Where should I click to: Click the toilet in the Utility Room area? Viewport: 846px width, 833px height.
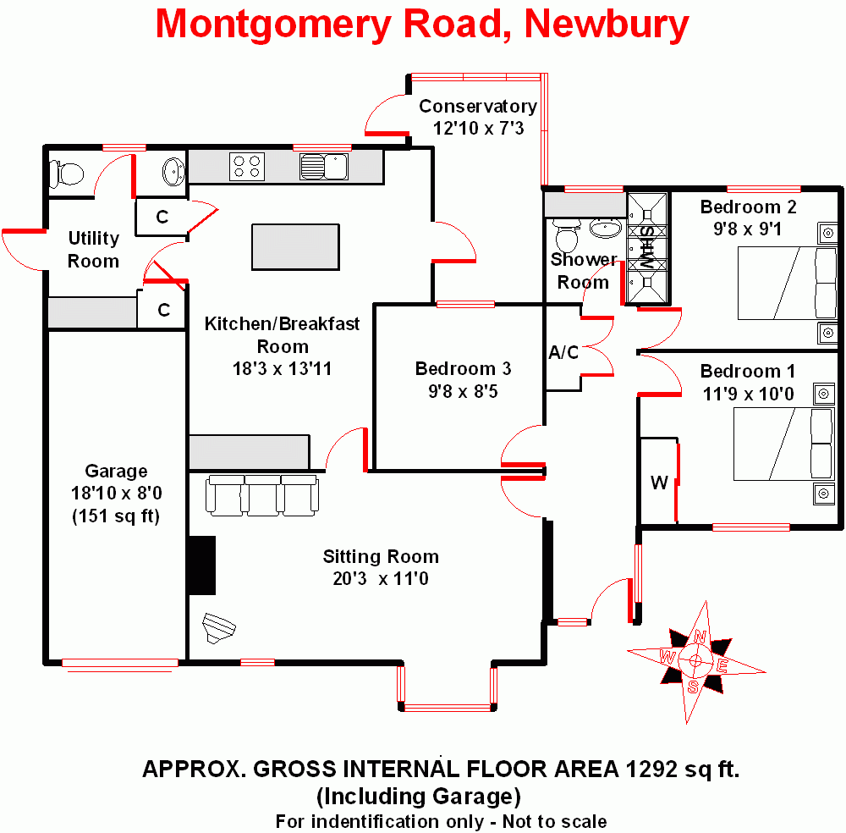click(67, 174)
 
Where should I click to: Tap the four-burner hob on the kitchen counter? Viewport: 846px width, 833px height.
click(247, 167)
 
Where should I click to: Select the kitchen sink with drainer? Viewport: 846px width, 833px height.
click(324, 167)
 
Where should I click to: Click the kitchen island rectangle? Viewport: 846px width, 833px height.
click(295, 246)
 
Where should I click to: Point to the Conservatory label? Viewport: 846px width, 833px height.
click(478, 107)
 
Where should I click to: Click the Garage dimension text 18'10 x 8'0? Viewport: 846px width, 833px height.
click(117, 493)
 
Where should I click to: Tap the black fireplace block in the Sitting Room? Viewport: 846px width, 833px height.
click(202, 565)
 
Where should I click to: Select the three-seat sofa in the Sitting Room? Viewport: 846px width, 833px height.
click(262, 495)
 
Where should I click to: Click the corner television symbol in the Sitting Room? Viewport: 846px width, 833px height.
click(218, 628)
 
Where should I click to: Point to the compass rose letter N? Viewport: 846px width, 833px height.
click(700, 637)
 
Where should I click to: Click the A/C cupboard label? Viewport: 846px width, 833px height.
click(563, 352)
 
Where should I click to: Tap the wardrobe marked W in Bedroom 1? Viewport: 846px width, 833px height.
click(658, 481)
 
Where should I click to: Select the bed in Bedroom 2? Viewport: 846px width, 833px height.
click(787, 283)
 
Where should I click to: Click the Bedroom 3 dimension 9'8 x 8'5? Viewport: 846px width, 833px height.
click(463, 391)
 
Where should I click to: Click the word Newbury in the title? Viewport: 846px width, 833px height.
click(607, 25)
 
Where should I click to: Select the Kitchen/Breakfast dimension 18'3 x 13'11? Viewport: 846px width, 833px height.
click(283, 369)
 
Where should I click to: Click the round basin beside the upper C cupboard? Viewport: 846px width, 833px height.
click(173, 172)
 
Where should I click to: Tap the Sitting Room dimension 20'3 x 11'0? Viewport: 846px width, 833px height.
click(381, 579)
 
